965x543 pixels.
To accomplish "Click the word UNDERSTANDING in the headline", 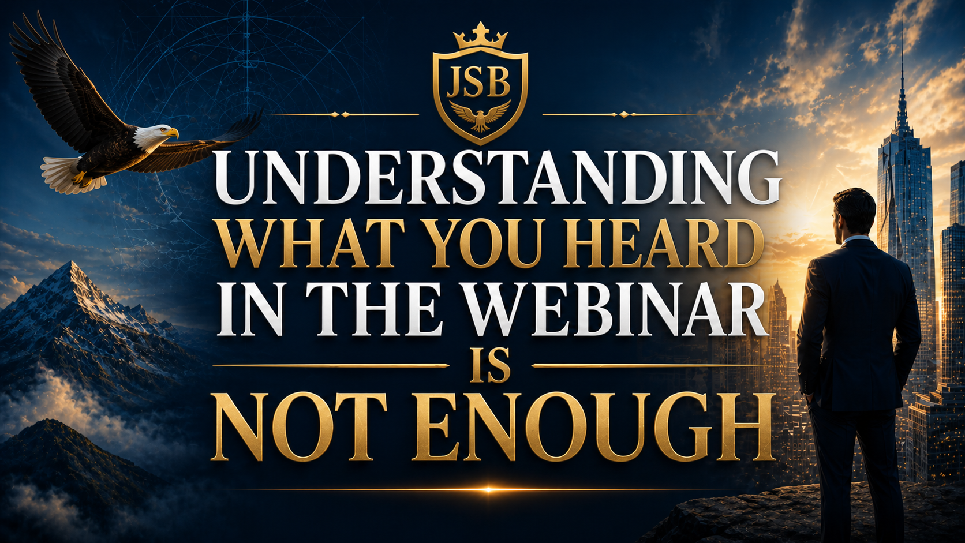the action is click(x=498, y=177).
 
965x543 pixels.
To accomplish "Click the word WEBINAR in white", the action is click(x=616, y=309).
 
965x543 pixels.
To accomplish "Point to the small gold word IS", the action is click(x=490, y=366).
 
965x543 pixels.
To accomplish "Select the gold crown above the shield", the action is click(x=480, y=36).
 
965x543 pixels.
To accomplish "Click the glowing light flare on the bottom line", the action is click(x=488, y=489).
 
